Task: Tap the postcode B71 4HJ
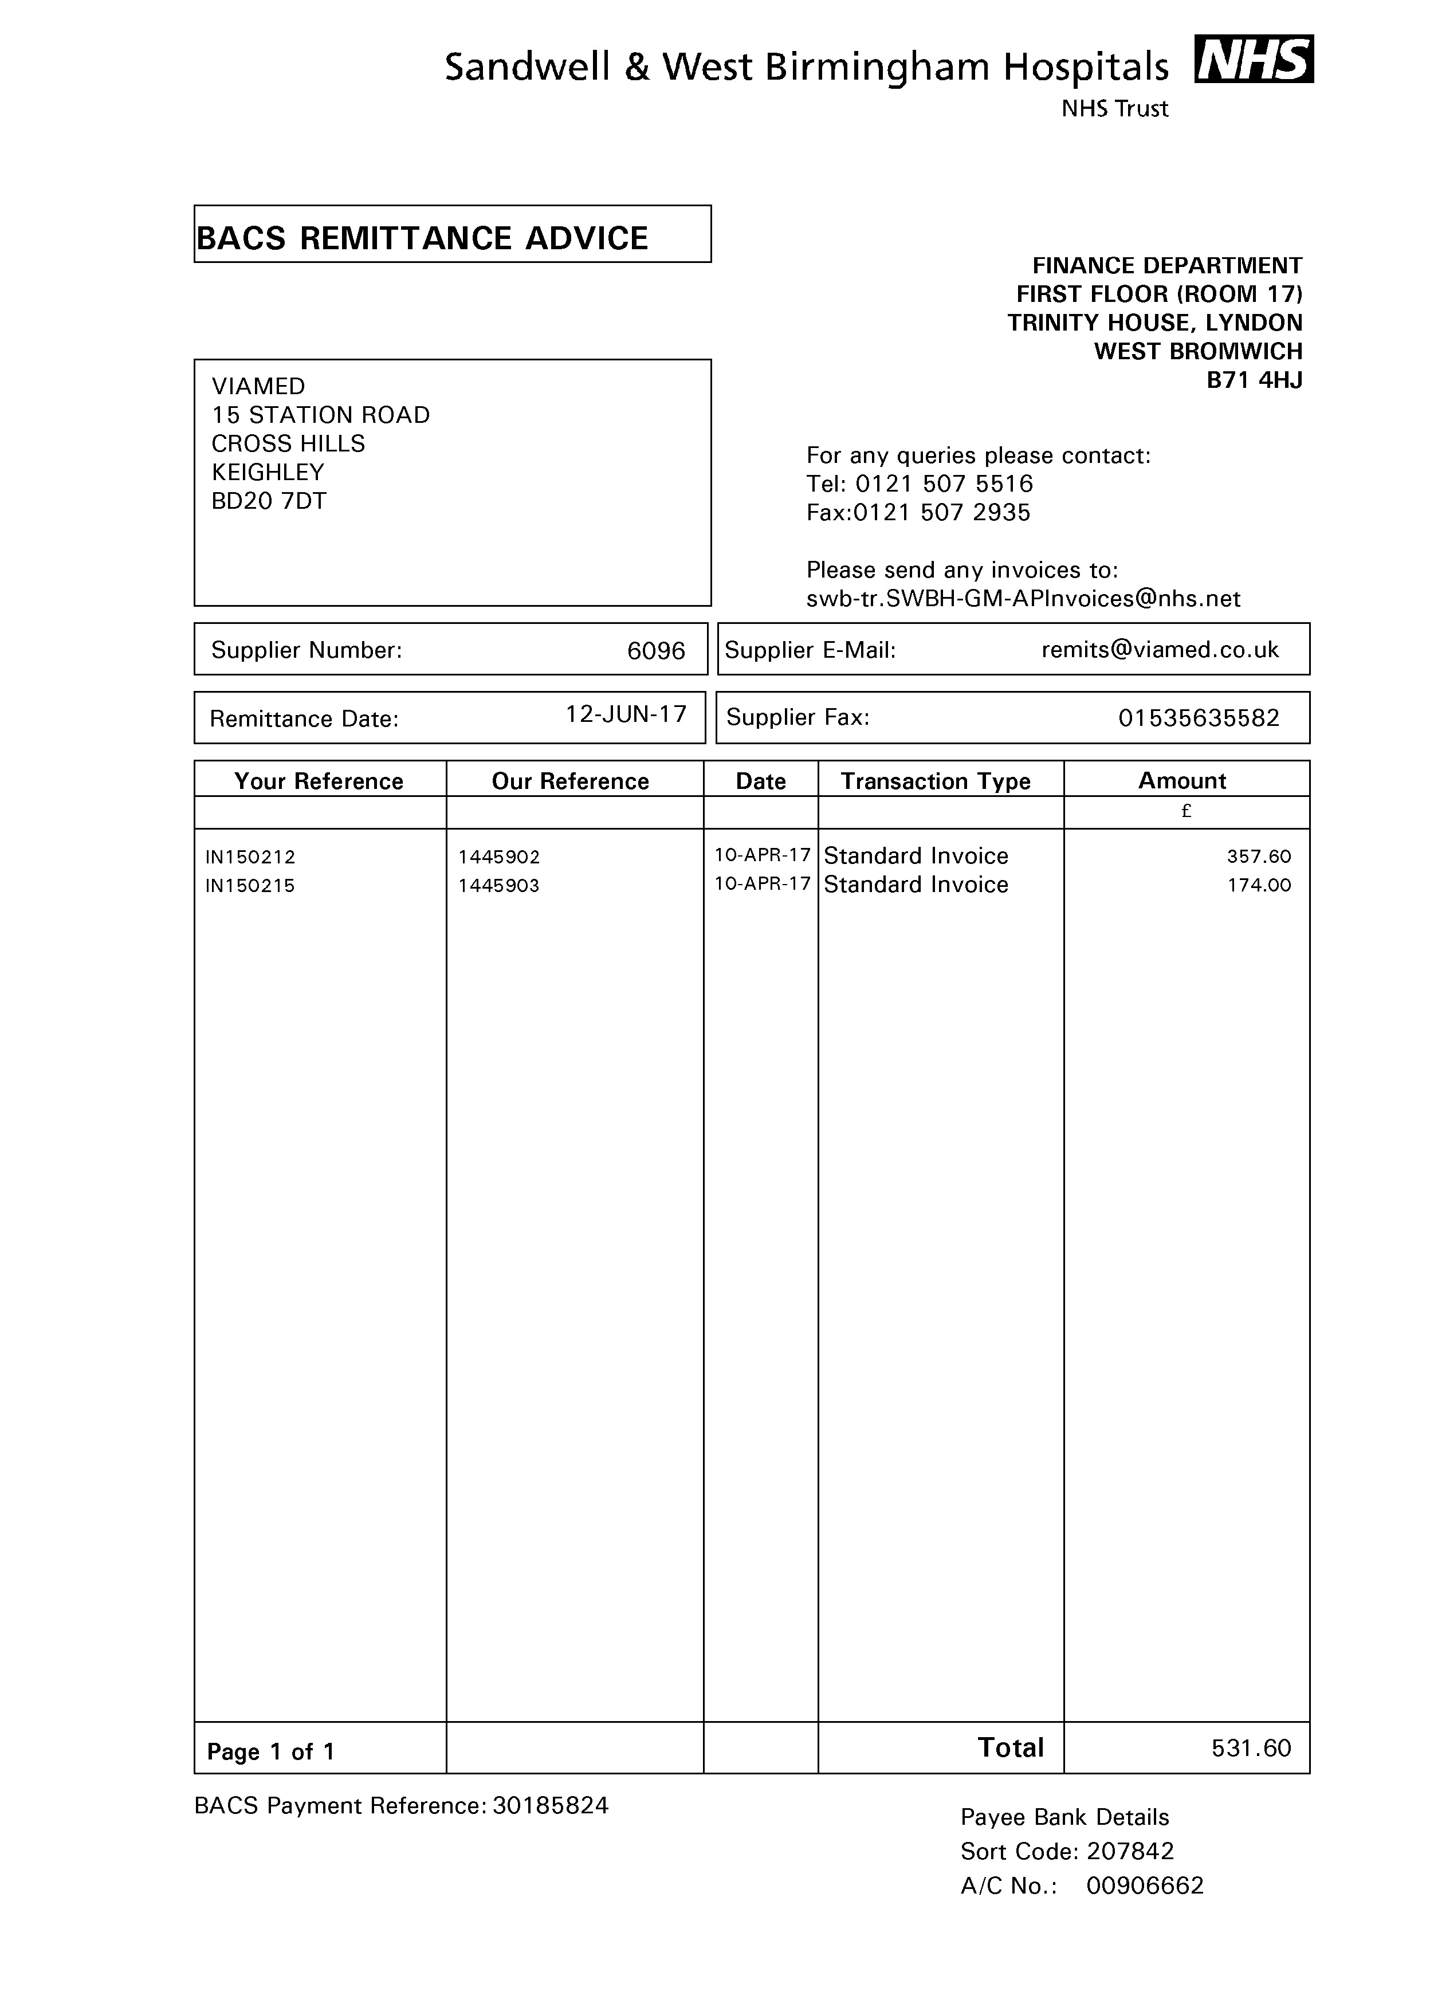(1254, 380)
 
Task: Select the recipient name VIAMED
(258, 387)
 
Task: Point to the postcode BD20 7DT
(269, 501)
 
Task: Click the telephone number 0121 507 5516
(944, 484)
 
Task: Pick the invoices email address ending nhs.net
(1023, 599)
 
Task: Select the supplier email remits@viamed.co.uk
(1160, 650)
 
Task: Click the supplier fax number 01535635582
(1199, 718)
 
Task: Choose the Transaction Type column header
(935, 781)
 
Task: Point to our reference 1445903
(498, 886)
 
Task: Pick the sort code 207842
(1130, 1851)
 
